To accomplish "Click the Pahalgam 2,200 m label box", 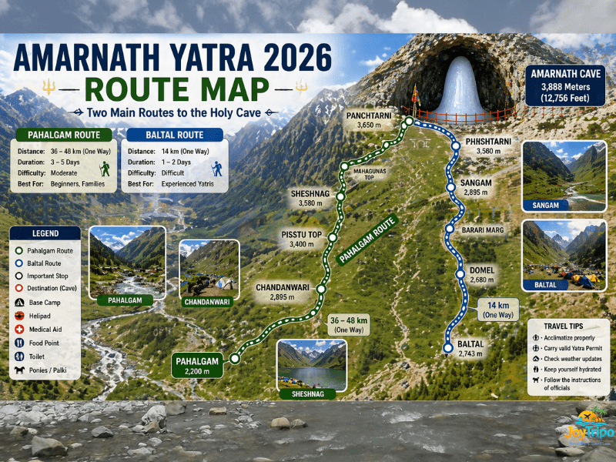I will tap(197, 365).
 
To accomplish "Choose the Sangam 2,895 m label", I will tap(477, 186).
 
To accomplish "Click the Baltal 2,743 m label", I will tap(470, 348).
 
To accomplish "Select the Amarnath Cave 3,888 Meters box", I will tap(564, 85).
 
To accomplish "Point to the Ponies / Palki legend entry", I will tap(51, 370).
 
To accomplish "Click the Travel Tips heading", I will tap(570, 326).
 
